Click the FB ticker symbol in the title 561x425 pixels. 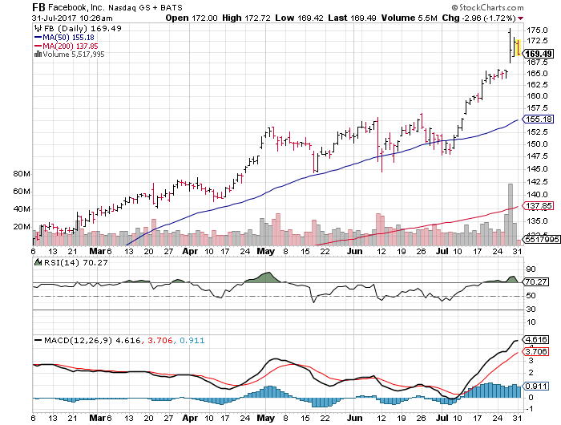14,6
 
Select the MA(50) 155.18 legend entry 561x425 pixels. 61,37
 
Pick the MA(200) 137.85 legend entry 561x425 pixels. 63,46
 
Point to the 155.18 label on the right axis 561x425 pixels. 537,119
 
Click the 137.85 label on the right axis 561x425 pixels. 537,206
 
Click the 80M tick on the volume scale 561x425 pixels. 22,173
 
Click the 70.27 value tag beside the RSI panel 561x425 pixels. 537,282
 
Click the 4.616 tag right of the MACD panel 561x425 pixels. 536,340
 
